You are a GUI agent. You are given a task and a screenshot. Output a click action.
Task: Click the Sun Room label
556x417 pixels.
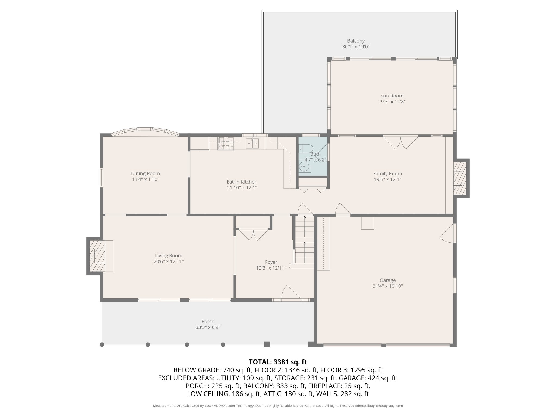point(391,96)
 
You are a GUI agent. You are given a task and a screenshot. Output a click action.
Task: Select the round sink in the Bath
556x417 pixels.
point(305,166)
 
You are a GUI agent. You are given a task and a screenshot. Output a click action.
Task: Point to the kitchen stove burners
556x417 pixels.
point(226,144)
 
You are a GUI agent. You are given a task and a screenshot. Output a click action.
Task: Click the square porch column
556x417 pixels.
point(267,344)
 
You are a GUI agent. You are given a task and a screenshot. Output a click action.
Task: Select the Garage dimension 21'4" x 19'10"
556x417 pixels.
point(387,286)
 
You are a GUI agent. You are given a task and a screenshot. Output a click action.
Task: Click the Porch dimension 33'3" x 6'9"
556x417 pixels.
point(208,327)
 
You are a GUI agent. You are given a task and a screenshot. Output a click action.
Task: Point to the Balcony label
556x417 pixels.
point(356,41)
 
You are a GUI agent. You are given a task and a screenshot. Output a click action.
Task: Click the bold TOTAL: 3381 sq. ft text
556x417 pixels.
point(278,362)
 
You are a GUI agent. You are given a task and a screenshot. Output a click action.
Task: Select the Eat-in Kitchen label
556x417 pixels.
point(242,182)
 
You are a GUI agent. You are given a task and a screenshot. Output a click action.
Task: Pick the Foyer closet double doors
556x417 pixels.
point(253,235)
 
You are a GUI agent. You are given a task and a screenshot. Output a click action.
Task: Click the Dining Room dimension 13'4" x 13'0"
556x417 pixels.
point(145,179)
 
